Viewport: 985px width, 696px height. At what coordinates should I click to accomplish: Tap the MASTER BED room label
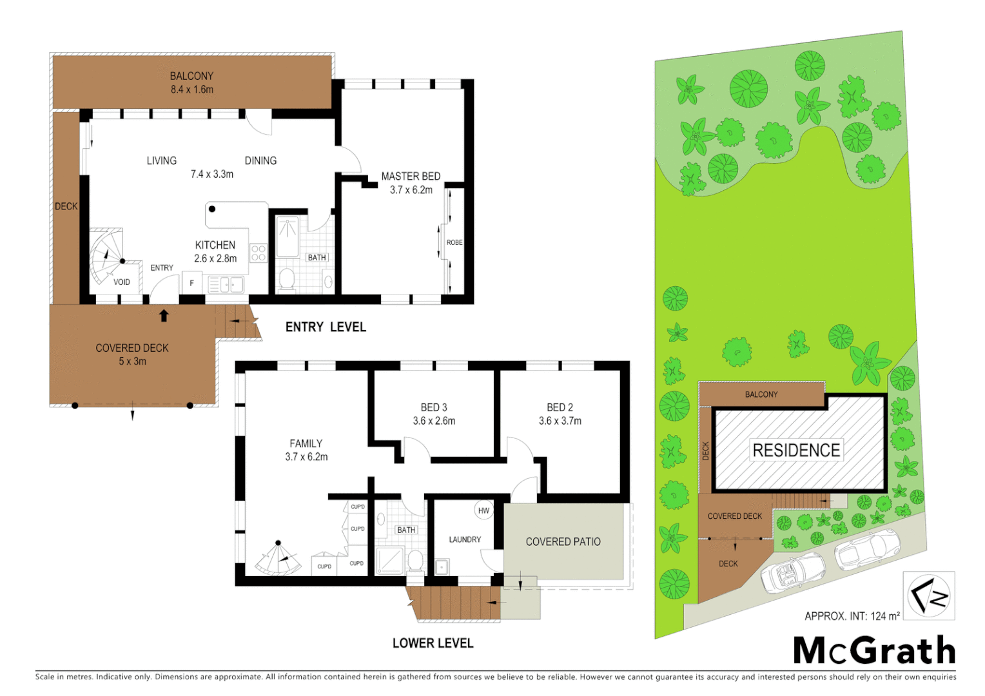coord(411,176)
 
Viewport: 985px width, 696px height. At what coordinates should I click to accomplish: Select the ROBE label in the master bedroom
coord(454,242)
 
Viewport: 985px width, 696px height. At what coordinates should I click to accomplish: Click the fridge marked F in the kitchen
coord(192,283)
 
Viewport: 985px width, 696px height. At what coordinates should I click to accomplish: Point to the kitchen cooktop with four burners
coord(258,253)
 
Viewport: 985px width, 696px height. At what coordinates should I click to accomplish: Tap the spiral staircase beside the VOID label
coord(105,257)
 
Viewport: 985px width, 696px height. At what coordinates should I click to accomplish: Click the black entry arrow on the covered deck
coord(164,315)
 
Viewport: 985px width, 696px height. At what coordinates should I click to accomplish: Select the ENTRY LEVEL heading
coord(326,327)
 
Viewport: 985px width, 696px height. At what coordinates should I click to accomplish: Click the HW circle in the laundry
coord(483,510)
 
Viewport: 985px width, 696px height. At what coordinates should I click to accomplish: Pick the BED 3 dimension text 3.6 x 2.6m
coord(434,421)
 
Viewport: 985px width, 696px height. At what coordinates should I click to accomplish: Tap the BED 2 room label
coord(560,407)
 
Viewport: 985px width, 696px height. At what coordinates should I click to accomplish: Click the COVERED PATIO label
coord(563,542)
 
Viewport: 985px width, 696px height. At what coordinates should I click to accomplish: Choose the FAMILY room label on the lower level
coord(306,443)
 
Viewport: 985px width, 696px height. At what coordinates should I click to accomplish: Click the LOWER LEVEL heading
coord(433,643)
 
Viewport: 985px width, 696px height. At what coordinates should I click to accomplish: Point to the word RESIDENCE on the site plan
coord(796,450)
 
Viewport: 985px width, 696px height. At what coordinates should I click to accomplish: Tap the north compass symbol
coord(928,595)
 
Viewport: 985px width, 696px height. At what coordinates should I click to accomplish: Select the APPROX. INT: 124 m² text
coord(852,616)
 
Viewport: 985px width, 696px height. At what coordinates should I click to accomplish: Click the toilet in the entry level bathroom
coord(286,280)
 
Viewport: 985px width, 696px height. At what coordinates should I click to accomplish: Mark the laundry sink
coord(442,567)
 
